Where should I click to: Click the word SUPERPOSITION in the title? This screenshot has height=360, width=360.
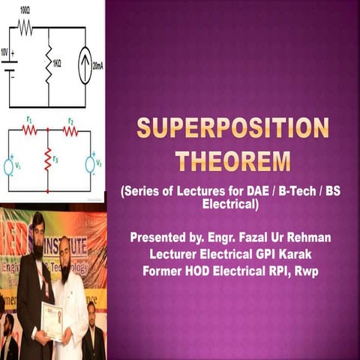tap(232, 127)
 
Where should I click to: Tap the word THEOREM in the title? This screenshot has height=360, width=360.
tap(232, 160)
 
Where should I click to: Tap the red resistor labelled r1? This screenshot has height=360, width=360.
tap(29, 130)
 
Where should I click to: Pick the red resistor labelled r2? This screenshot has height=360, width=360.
tap(70, 130)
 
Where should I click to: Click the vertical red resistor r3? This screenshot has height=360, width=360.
tap(48, 158)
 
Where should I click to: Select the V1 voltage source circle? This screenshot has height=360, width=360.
tap(9, 166)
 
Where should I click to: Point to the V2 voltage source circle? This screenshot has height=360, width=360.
tap(90, 164)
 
